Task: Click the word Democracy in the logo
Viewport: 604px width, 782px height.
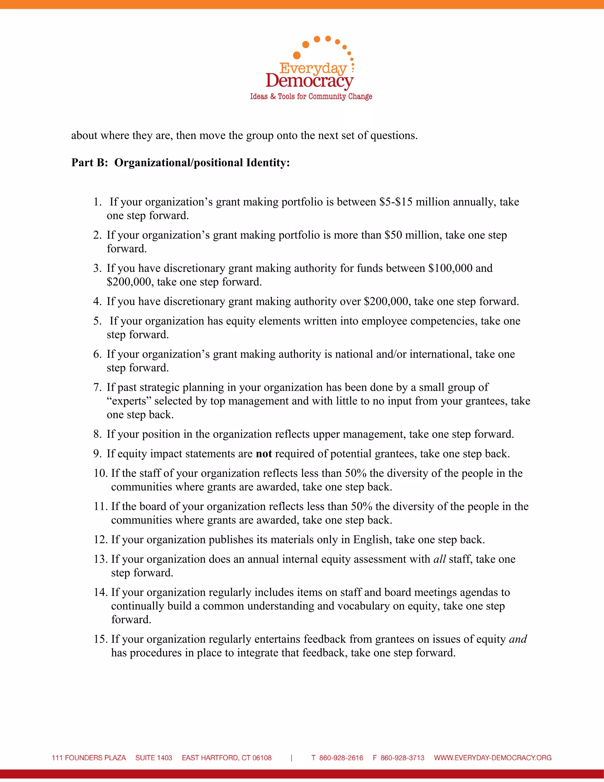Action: [309, 81]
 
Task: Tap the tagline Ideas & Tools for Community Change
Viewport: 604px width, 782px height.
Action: [311, 96]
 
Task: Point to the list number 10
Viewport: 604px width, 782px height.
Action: [101, 473]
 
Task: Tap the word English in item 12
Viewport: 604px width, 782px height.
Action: [372, 540]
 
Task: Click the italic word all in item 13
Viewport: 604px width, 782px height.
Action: [439, 559]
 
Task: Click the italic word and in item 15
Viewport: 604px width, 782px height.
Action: [518, 639]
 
